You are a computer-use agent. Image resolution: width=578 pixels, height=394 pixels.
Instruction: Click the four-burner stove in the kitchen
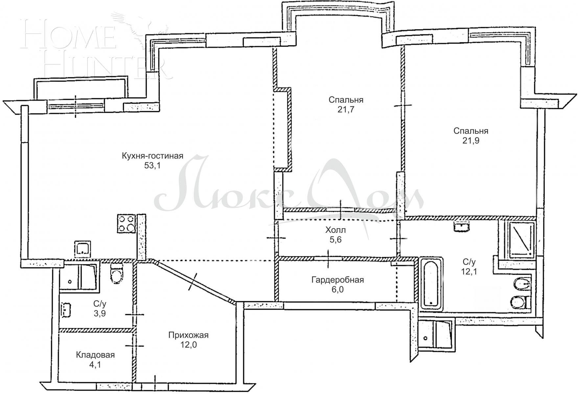pos(127,224)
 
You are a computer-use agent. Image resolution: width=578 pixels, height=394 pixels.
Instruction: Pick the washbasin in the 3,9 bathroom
pos(66,309)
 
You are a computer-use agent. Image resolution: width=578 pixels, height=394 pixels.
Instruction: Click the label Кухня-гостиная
pos(152,156)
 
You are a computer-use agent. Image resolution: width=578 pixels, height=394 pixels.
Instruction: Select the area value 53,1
pos(152,165)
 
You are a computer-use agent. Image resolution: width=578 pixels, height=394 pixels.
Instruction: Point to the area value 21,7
pos(346,109)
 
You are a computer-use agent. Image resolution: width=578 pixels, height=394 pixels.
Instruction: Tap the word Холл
pos(335,230)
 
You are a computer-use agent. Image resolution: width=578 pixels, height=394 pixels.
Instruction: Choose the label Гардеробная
pos(337,280)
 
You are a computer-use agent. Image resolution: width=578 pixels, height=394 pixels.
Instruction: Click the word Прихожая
pos(188,335)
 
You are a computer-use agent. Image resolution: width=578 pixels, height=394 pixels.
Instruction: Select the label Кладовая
pos(95,355)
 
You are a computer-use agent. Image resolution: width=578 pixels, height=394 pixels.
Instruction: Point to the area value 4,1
pos(95,364)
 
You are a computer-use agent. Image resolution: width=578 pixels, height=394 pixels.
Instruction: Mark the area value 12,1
pos(469,272)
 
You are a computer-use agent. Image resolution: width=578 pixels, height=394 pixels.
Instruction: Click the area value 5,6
pos(335,240)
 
